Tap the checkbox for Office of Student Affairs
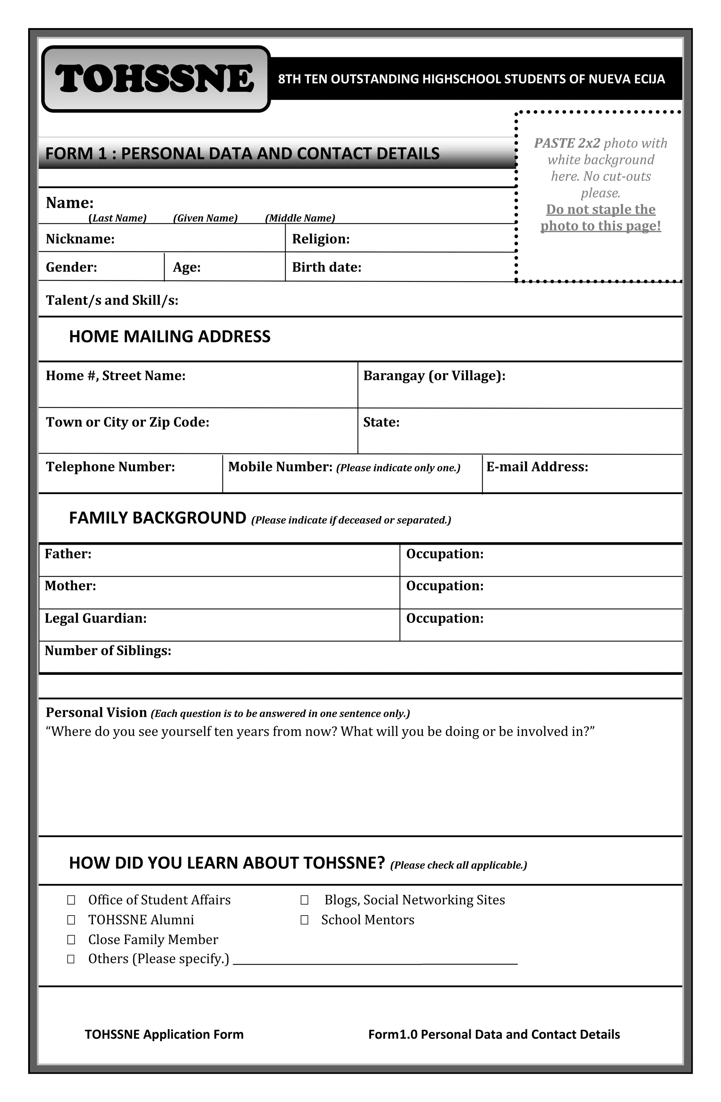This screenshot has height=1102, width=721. pos(71,900)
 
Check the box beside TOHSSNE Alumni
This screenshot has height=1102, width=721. pos(71,920)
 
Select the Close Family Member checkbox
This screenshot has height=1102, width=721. pos(71,939)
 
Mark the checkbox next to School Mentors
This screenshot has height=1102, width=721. pos(305,920)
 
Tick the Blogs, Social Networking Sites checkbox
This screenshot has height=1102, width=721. pos(305,900)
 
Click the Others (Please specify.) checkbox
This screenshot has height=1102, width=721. pos(71,959)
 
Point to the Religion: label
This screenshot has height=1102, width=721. pos(321,239)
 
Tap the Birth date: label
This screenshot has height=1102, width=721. pos(326,267)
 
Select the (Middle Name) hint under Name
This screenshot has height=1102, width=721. pos(300,218)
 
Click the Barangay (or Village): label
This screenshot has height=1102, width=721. pos(434,375)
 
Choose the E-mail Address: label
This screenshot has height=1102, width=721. pos(537,467)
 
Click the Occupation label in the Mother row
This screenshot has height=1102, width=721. pos(445,586)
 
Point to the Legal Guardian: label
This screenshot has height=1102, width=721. pos(95,618)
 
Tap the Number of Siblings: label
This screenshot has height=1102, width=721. pos(108,651)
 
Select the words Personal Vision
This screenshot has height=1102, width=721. pos(96,712)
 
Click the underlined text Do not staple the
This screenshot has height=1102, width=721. pos(601,209)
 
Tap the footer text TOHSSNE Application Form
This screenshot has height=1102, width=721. pos(164,1034)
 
